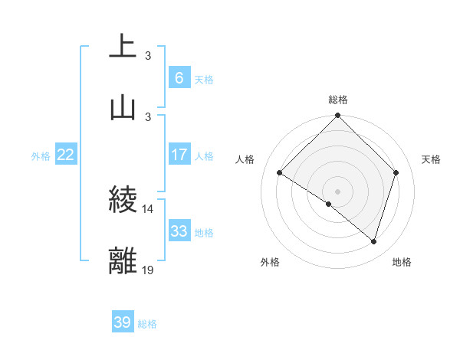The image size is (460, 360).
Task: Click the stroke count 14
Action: [x=148, y=208]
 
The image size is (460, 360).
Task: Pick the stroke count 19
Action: [x=148, y=270]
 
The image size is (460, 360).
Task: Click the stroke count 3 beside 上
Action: [x=148, y=55]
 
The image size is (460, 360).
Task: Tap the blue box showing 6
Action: [x=179, y=77]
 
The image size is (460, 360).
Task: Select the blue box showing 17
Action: [x=179, y=155]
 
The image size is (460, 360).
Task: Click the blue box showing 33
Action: [x=179, y=231]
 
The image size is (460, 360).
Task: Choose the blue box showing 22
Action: [x=66, y=155]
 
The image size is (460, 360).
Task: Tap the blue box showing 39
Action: [x=122, y=322]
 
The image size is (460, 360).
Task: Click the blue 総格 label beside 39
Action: [x=147, y=324]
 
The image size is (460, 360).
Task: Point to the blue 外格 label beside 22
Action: [x=41, y=156]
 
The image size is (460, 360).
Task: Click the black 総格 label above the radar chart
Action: [x=338, y=100]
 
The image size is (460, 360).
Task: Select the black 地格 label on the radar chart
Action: [x=402, y=262]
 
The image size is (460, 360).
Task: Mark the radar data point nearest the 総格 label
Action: [x=338, y=116]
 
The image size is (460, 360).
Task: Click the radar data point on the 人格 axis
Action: [x=280, y=173]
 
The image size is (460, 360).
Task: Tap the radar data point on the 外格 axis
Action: [x=329, y=204]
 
